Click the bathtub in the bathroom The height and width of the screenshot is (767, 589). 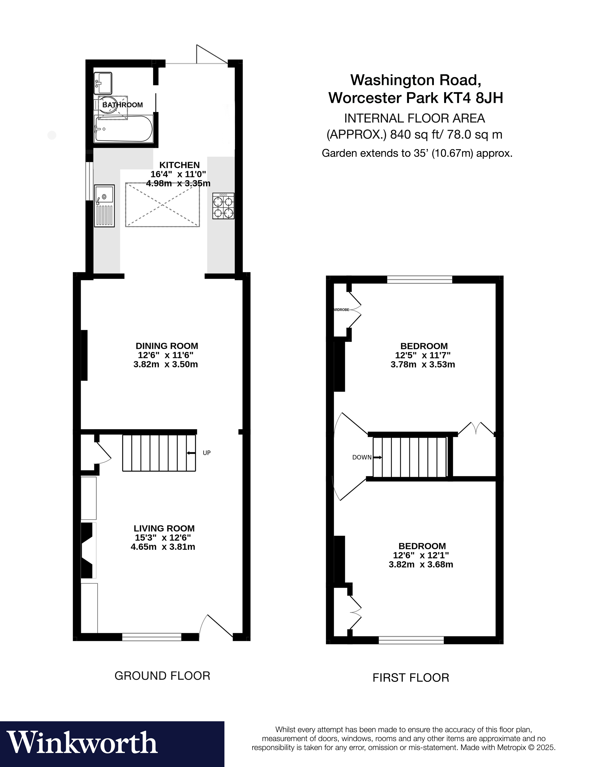coord(123,129)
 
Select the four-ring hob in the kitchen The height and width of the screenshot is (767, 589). coord(223,206)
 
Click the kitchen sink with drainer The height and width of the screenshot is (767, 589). coord(104,206)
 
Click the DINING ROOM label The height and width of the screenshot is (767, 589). coord(167,346)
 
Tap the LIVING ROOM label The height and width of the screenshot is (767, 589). coord(164,528)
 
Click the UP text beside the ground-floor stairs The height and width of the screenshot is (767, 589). coord(206,453)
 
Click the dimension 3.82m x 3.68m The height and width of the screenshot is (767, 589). coord(421,565)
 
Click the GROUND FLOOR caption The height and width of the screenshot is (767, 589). coord(162,676)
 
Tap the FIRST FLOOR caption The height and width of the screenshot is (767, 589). coord(410,677)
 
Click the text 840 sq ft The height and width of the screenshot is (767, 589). coord(407,134)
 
